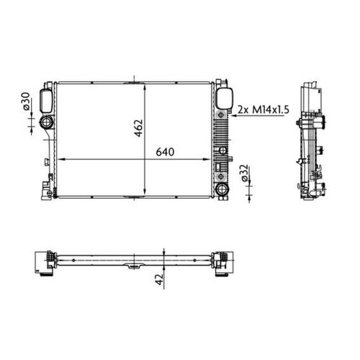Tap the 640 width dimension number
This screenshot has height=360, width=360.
[x=164, y=153]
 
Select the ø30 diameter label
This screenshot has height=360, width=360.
[x=27, y=102]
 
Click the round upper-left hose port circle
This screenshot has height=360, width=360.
[x=48, y=122]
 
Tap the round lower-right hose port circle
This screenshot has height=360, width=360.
[x=222, y=190]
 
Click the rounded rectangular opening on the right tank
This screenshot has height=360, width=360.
[x=224, y=98]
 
